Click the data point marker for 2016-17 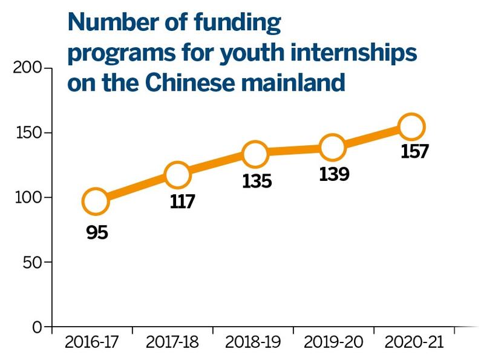[95, 201]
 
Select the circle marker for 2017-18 [177, 175]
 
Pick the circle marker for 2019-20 [333, 147]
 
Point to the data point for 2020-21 [411, 127]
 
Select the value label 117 [182, 201]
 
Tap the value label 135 [257, 181]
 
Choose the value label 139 [333, 174]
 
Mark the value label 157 [415, 151]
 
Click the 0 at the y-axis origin [38, 327]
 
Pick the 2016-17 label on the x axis [92, 342]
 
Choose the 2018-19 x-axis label [254, 342]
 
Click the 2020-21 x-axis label [414, 342]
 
